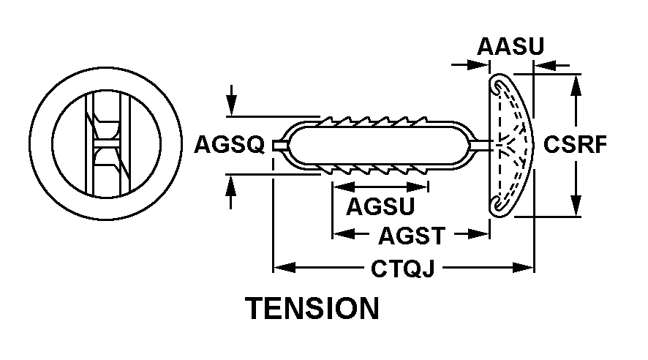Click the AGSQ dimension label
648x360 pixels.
(x=229, y=146)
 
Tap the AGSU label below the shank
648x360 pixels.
(x=380, y=207)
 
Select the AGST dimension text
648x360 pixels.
(x=412, y=236)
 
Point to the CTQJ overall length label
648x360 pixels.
(x=404, y=269)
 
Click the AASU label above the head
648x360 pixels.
(x=511, y=46)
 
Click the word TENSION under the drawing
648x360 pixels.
(x=312, y=308)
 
